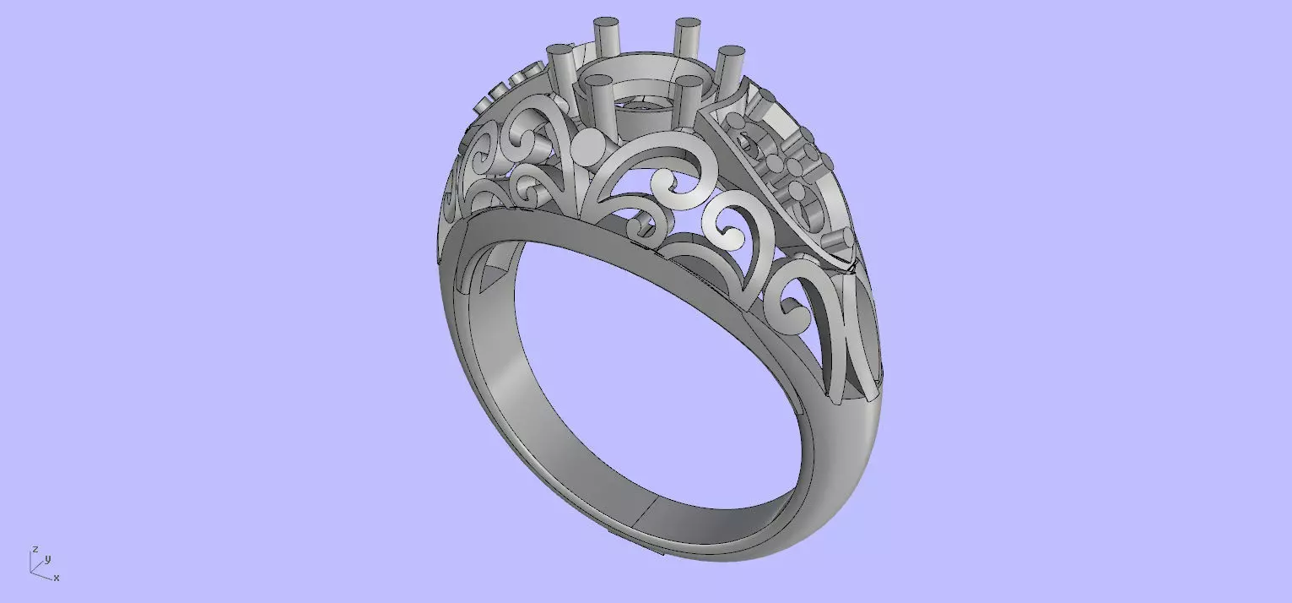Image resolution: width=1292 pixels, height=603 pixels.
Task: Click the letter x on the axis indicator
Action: [x=57, y=579]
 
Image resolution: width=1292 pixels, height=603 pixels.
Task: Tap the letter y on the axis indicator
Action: [x=48, y=559]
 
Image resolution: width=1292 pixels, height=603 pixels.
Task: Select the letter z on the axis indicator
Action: [x=35, y=549]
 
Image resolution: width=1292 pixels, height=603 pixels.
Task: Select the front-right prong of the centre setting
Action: [x=690, y=99]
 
